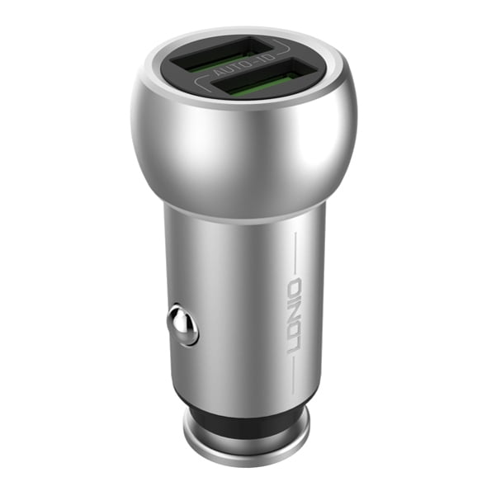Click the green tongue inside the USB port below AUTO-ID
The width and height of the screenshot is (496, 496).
point(262,87)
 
